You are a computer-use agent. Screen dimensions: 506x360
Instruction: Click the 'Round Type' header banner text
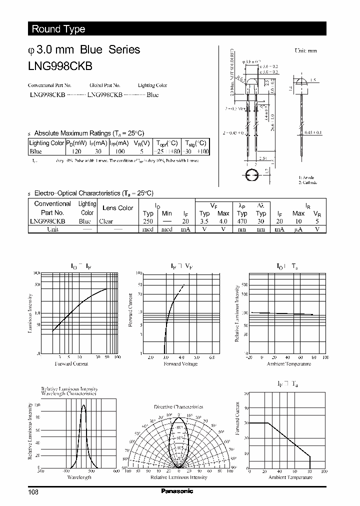58,29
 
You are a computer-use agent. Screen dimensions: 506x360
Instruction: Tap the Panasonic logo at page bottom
176,491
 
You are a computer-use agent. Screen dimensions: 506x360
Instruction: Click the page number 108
33,492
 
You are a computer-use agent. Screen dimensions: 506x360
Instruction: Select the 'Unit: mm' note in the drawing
305,51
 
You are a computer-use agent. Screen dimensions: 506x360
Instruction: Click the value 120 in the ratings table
76,151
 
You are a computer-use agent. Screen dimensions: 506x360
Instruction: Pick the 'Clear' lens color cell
106,221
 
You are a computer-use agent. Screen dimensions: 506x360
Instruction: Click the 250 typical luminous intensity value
147,221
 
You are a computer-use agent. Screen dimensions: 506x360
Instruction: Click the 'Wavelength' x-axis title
79,477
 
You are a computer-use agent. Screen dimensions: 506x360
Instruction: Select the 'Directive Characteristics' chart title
178,407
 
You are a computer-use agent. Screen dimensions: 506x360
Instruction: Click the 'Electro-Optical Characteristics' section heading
93,193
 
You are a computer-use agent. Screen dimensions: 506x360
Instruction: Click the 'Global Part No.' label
105,85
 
